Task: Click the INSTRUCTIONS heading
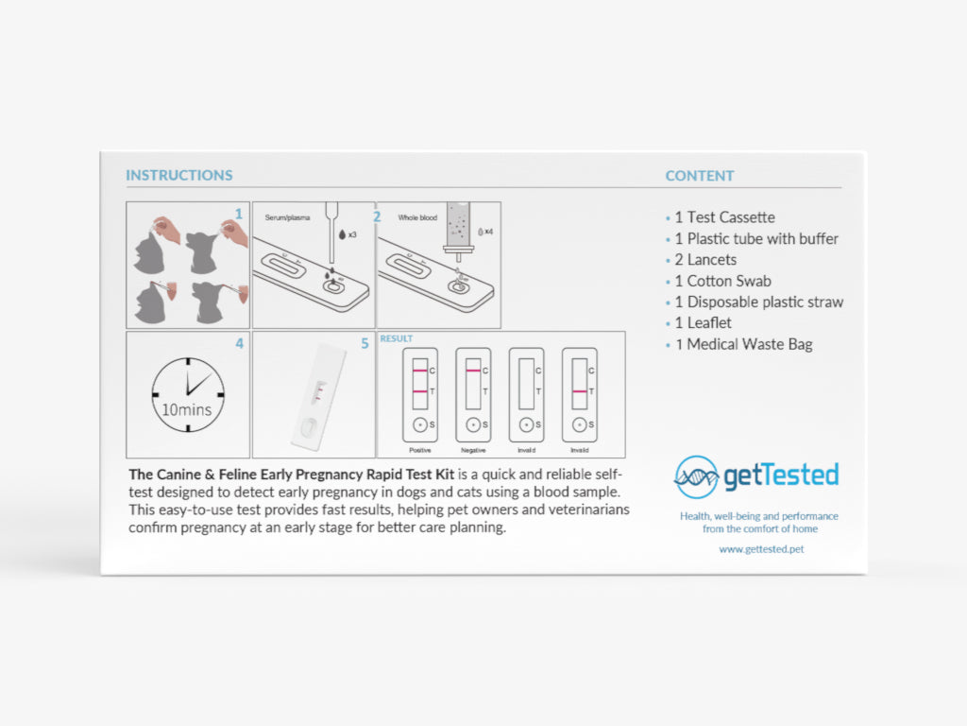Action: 179,175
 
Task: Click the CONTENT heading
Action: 700,176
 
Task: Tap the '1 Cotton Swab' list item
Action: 722,281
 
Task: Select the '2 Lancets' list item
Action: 705,260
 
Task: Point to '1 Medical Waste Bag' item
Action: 744,344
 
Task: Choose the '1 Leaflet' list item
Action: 703,323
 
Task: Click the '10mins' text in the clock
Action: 186,409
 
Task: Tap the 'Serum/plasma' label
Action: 287,217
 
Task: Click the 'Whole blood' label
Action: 417,217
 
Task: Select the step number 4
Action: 239,343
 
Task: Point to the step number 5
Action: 365,343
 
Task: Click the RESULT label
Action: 396,338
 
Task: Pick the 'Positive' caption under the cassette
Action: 420,450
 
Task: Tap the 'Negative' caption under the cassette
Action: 473,450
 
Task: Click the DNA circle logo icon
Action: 696,476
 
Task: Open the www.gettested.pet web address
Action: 761,549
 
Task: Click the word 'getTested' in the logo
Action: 781,475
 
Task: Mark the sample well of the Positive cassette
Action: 420,424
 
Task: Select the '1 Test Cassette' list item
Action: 724,217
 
